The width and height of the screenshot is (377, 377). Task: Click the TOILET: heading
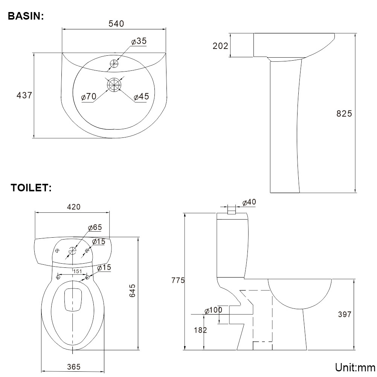31,188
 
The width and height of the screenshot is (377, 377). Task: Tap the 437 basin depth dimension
24,95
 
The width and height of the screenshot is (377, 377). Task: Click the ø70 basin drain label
89,96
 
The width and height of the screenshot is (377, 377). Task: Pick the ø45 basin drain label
141,96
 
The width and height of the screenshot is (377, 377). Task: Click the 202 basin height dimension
220,46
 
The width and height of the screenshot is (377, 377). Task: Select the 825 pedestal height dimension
344,113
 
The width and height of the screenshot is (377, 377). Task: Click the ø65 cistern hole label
95,227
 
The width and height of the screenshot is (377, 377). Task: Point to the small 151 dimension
77,271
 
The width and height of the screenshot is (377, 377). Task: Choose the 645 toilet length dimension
132,290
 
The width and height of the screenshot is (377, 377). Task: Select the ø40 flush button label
249,202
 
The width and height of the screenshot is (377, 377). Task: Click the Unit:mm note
355,367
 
